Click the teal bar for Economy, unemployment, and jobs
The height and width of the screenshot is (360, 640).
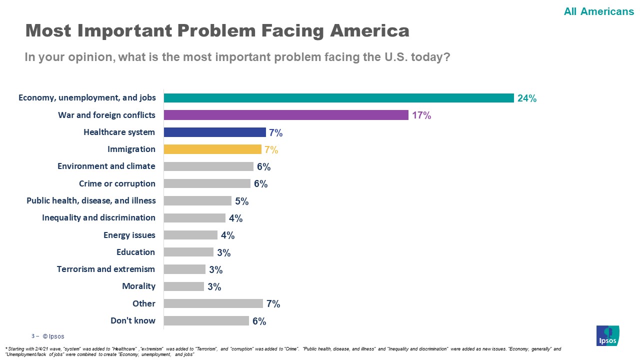[x=338, y=98]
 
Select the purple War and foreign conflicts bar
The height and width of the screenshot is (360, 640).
[x=286, y=115]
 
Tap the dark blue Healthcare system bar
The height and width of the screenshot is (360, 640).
[x=214, y=132]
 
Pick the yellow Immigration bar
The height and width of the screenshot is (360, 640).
[x=212, y=149]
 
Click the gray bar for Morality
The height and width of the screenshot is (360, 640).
[x=183, y=286]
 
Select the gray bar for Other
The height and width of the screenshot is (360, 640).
[x=213, y=303]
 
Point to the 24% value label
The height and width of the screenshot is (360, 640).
[x=527, y=98]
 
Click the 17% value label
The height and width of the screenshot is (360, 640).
[x=421, y=115]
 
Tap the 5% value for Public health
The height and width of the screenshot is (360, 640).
[x=241, y=201]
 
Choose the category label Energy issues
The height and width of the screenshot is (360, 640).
[x=129, y=235]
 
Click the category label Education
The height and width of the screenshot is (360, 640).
[x=136, y=252]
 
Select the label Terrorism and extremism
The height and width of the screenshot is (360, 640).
[x=106, y=269]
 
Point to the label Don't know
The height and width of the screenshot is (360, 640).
[x=133, y=320]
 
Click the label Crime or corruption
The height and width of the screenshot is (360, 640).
[x=117, y=183]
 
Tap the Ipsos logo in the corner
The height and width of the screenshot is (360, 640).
[x=607, y=335]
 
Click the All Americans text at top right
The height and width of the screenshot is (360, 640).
[x=598, y=11]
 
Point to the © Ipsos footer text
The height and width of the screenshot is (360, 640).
[x=53, y=336]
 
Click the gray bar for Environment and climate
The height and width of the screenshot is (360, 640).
[x=208, y=166]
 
